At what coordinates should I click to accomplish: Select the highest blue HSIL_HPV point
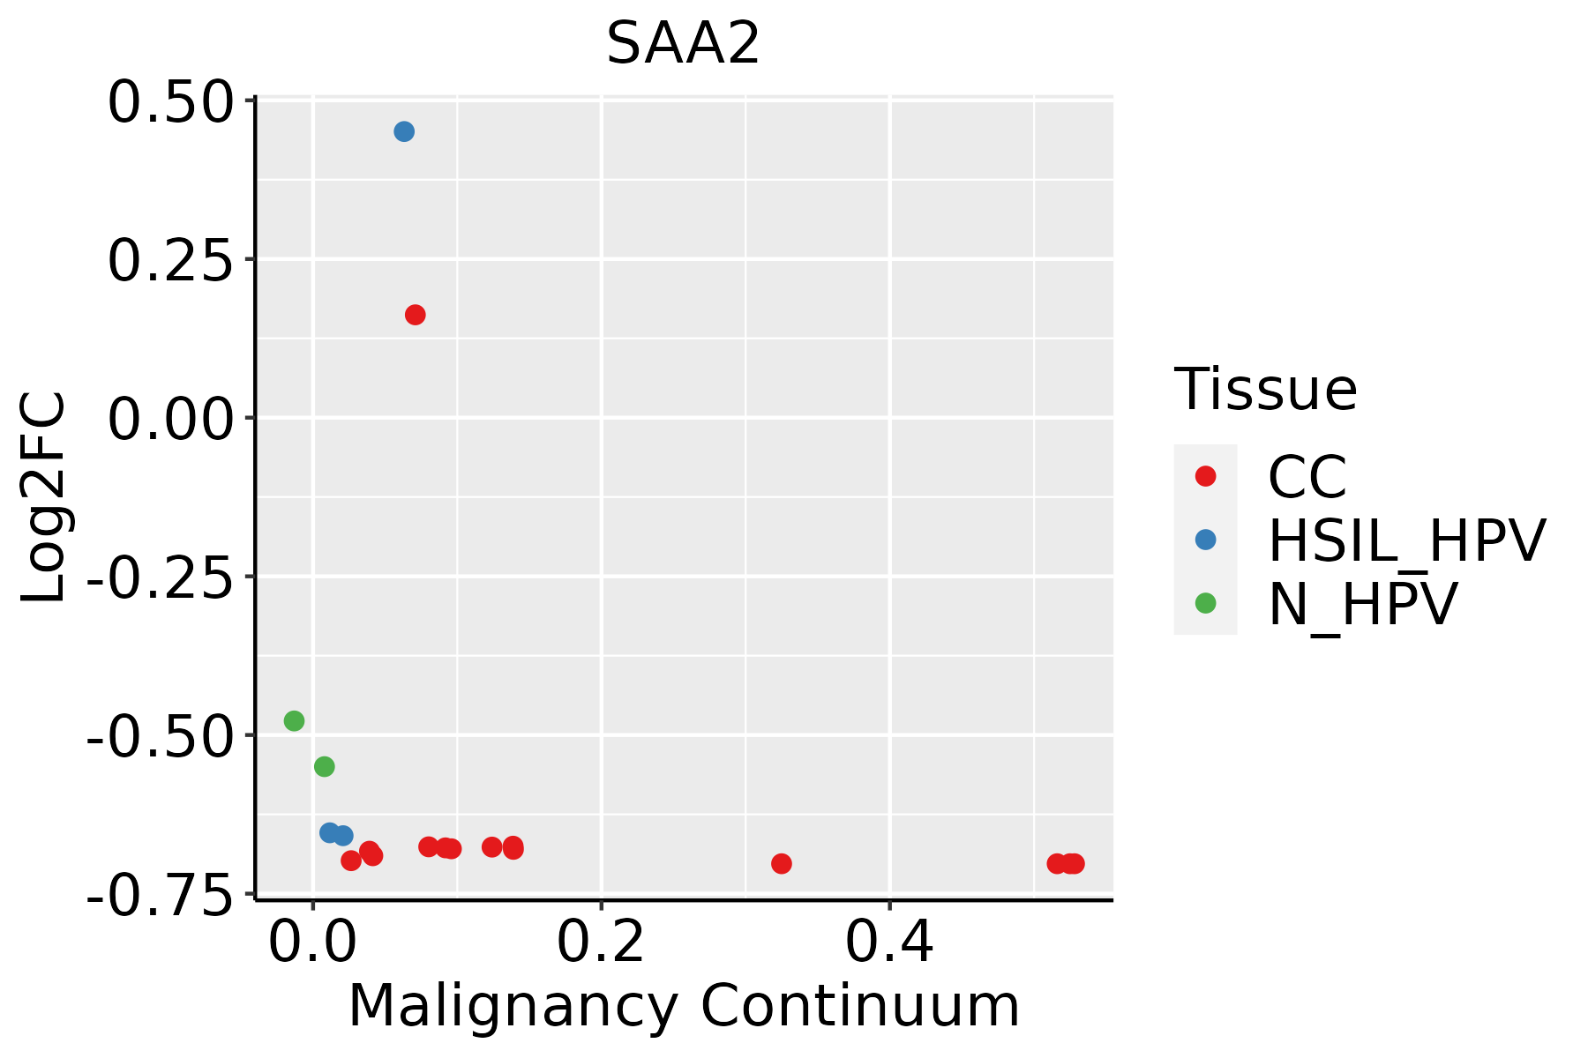pos(404,132)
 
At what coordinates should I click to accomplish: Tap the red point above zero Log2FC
pos(415,315)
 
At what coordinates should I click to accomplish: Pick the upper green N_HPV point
pos(294,721)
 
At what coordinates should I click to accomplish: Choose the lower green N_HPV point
pos(325,766)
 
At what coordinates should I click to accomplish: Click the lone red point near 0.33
pos(781,863)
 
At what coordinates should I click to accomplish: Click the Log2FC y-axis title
pos(44,498)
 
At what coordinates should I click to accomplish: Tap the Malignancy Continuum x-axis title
pos(684,1007)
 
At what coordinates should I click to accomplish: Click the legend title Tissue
pos(1265,389)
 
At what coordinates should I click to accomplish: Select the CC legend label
pos(1307,477)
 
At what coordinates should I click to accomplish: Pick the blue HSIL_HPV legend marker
pos(1205,540)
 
